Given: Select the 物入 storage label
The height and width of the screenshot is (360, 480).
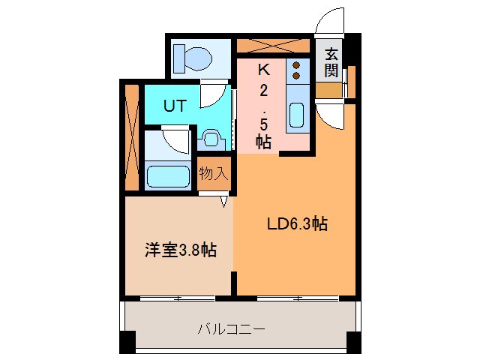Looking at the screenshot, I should [214, 174].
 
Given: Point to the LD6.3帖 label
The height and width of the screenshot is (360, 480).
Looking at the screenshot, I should [298, 223].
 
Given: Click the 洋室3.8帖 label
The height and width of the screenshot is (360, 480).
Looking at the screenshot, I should [180, 250].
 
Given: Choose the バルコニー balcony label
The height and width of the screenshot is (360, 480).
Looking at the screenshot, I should [232, 328].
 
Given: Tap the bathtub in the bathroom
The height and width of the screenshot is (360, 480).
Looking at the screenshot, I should [166, 177].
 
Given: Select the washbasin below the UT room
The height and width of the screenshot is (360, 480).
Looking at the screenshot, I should [210, 139].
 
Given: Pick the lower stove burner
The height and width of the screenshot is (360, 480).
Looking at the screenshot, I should [296, 75].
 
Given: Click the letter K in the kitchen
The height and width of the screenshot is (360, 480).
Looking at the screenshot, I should [263, 70].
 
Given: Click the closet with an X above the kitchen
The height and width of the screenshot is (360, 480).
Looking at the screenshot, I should [274, 45].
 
